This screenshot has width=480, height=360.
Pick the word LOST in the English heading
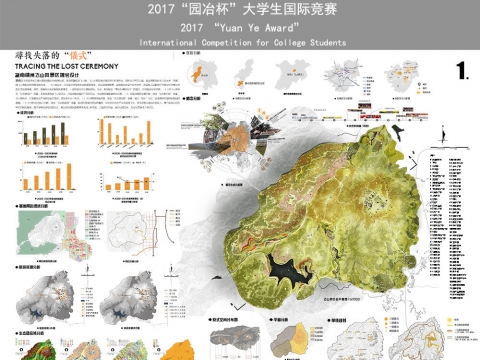click(x=61, y=66)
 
